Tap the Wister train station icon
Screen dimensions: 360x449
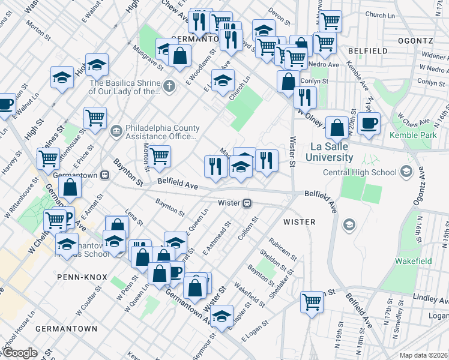tap(247, 203)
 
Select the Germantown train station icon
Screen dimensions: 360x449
tap(105, 175)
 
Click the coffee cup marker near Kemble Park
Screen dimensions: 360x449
tap(369, 124)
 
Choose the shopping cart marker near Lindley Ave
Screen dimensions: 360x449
tap(312, 301)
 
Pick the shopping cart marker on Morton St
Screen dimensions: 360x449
tap(159, 157)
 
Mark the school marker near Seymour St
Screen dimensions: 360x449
tap(221, 316)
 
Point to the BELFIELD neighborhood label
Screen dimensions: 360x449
tap(367, 52)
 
